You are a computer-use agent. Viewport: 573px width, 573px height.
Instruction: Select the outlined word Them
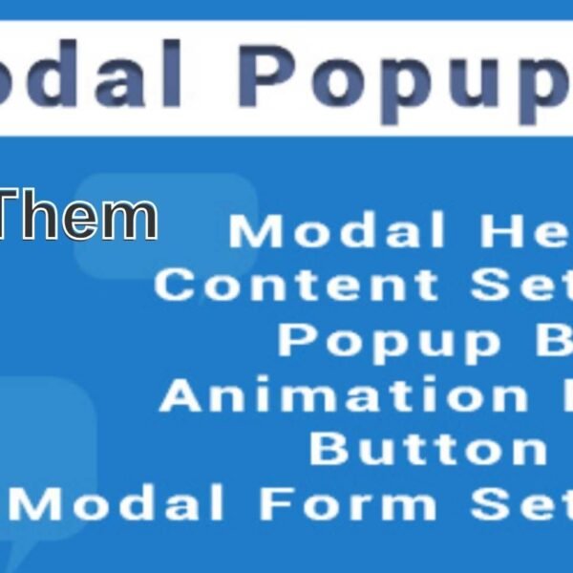point(76,217)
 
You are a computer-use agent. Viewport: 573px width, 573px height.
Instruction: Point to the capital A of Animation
point(181,394)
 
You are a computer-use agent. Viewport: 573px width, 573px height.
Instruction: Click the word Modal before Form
point(124,503)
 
